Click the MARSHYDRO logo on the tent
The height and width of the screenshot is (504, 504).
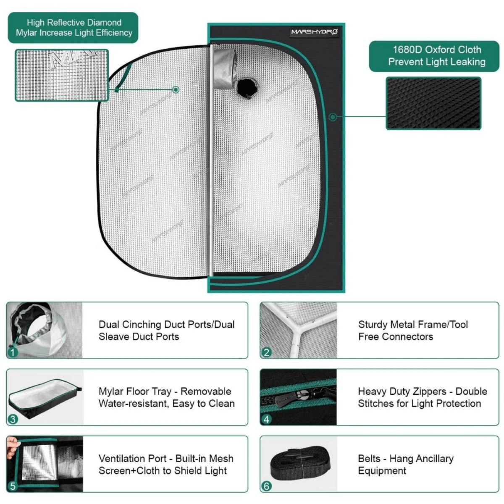tap(315, 32)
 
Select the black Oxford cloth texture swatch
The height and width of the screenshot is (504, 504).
tap(433, 103)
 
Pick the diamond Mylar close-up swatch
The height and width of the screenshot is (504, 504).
tap(62, 75)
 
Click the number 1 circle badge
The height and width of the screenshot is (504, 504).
tap(13, 352)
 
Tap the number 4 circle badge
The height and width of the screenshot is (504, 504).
tap(266, 419)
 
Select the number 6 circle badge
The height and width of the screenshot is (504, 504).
tap(266, 486)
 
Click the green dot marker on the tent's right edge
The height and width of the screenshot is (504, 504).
tap(333, 117)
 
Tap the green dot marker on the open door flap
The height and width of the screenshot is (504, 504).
tap(176, 89)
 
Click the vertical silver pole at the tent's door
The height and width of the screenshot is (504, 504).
tap(211, 168)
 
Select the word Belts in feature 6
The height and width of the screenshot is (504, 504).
tap(369, 459)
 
